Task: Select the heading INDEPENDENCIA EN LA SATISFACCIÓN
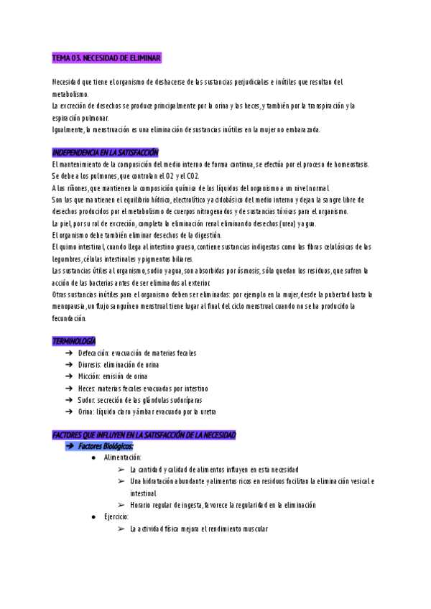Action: point(106,153)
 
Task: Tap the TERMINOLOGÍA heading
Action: point(74,340)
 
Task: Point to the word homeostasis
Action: point(350,164)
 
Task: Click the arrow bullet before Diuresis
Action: point(68,365)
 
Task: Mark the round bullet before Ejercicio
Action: point(94,517)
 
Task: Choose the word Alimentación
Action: point(122,457)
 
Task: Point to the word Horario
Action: point(142,505)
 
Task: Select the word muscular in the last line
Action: point(253,529)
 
